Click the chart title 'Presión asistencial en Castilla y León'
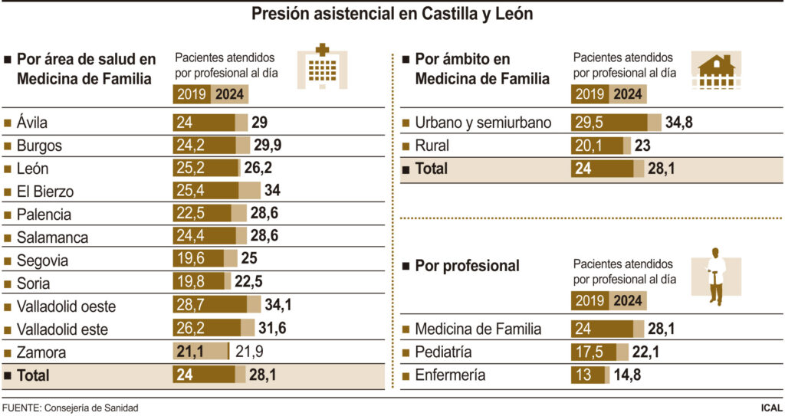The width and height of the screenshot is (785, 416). [392, 14]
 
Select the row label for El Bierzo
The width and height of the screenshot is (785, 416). [45, 192]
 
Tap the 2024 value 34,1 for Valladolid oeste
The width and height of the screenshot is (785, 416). [278, 306]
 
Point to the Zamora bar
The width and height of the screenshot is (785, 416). [202, 352]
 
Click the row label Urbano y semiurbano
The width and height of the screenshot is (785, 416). [483, 123]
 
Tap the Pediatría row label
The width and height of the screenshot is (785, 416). [443, 352]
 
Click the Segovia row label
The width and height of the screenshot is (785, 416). [42, 260]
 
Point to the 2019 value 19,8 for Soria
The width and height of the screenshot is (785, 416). [189, 283]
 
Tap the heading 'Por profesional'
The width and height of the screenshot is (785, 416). [467, 266]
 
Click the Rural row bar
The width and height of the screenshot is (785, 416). [600, 146]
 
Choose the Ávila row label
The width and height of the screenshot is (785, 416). [32, 123]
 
